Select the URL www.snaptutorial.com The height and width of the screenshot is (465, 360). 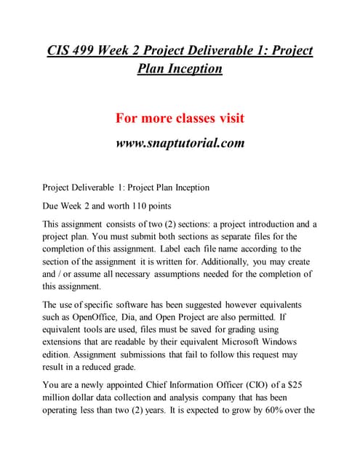[180, 142]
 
